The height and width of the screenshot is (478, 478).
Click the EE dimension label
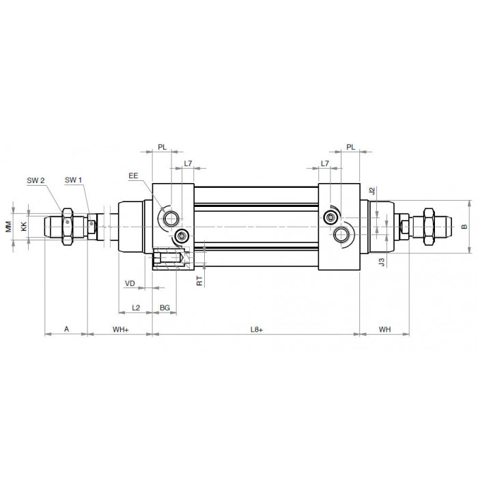click(x=133, y=175)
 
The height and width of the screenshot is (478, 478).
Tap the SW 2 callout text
click(x=36, y=180)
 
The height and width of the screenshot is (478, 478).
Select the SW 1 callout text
click(x=74, y=180)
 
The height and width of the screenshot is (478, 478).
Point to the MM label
click(x=8, y=227)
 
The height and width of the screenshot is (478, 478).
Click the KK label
click(x=24, y=227)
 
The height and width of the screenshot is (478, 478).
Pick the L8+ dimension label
click(x=257, y=329)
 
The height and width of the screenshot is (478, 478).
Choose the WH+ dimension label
click(x=121, y=329)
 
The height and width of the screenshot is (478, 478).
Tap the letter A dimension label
click(x=66, y=329)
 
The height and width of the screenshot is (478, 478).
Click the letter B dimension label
click(x=464, y=227)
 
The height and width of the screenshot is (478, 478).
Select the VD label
click(x=130, y=283)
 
